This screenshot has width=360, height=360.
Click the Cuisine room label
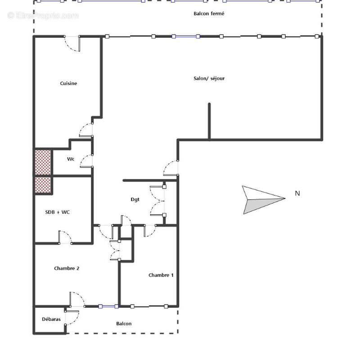point(69,83)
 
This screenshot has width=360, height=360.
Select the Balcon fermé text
point(209,14)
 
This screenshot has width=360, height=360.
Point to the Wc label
point(71,159)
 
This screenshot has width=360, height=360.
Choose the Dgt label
point(135,200)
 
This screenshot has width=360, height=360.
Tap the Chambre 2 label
point(67,268)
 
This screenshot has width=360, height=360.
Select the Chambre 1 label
point(161,275)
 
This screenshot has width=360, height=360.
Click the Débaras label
point(51,319)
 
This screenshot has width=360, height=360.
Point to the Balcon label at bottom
point(124,324)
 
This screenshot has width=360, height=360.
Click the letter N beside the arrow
point(297,193)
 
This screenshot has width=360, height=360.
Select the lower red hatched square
point(44,184)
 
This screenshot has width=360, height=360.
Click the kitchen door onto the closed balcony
point(72,43)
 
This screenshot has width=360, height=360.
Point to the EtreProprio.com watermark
point(43,16)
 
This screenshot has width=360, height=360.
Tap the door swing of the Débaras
point(72,317)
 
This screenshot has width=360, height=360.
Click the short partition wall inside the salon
point(209,121)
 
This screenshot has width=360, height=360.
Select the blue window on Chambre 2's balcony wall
point(108,306)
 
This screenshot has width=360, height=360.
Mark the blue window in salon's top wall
point(185,36)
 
